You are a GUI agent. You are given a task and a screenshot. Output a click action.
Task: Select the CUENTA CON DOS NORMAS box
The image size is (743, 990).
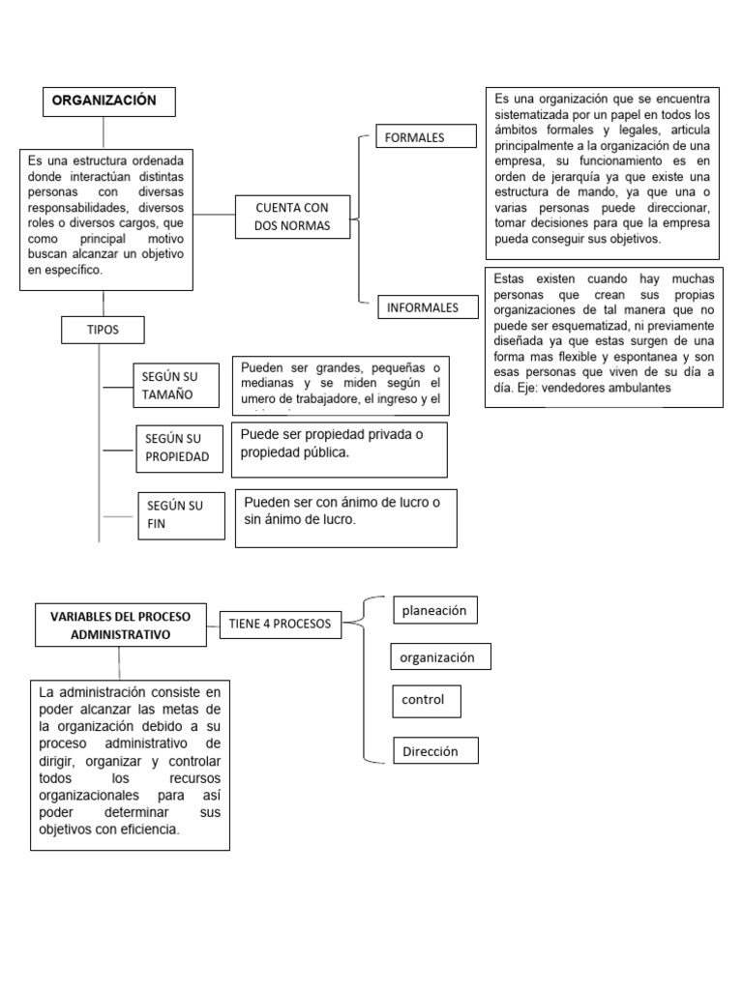[x=291, y=217]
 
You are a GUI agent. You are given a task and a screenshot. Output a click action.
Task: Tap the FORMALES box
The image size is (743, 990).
[x=426, y=137]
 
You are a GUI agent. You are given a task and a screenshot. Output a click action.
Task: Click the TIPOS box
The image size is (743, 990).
[x=103, y=330]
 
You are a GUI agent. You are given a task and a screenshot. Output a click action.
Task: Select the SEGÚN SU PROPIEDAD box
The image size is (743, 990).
[x=177, y=448]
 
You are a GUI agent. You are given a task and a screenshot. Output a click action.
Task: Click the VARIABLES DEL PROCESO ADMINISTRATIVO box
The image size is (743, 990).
[x=119, y=626]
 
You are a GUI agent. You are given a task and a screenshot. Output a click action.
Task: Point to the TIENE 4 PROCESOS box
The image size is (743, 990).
[x=280, y=624]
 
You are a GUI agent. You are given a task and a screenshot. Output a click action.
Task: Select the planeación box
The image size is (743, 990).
[x=434, y=611]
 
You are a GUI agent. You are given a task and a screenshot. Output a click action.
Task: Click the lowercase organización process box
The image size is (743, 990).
[x=439, y=657]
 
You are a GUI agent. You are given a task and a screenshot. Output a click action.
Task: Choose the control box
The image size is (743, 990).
[x=425, y=700]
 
